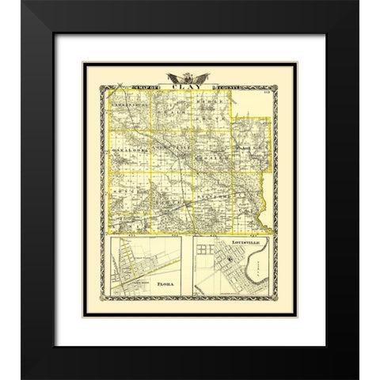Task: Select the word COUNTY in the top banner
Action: [227, 88]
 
